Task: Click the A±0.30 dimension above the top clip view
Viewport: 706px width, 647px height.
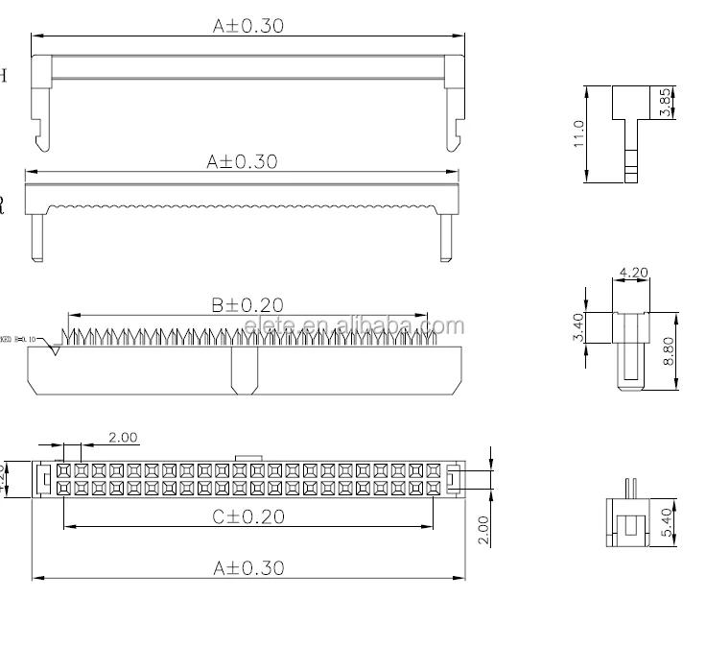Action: (247, 27)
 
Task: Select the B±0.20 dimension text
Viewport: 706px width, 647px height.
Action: (247, 305)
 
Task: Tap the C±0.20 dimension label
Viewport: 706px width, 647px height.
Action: (248, 516)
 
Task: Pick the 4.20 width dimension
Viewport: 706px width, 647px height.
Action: (634, 274)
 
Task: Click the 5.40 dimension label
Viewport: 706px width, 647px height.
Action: (669, 522)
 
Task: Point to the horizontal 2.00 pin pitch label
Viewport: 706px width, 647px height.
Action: (123, 438)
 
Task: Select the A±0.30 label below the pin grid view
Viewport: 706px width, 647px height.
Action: (248, 568)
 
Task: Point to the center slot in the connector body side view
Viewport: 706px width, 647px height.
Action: (244, 371)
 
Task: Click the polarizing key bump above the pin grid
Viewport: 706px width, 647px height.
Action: (247, 459)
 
